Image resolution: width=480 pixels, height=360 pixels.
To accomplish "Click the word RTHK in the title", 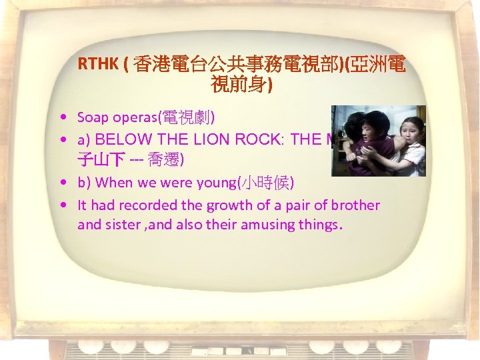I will (x=97, y=64).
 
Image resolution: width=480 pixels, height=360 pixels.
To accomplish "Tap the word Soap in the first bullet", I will (x=91, y=117).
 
